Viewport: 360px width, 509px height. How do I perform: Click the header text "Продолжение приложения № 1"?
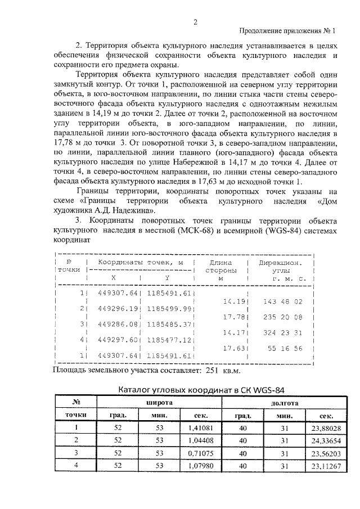click(x=287, y=31)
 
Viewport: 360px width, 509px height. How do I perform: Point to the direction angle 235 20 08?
click(x=283, y=317)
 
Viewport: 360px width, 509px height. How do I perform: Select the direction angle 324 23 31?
click(x=283, y=332)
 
